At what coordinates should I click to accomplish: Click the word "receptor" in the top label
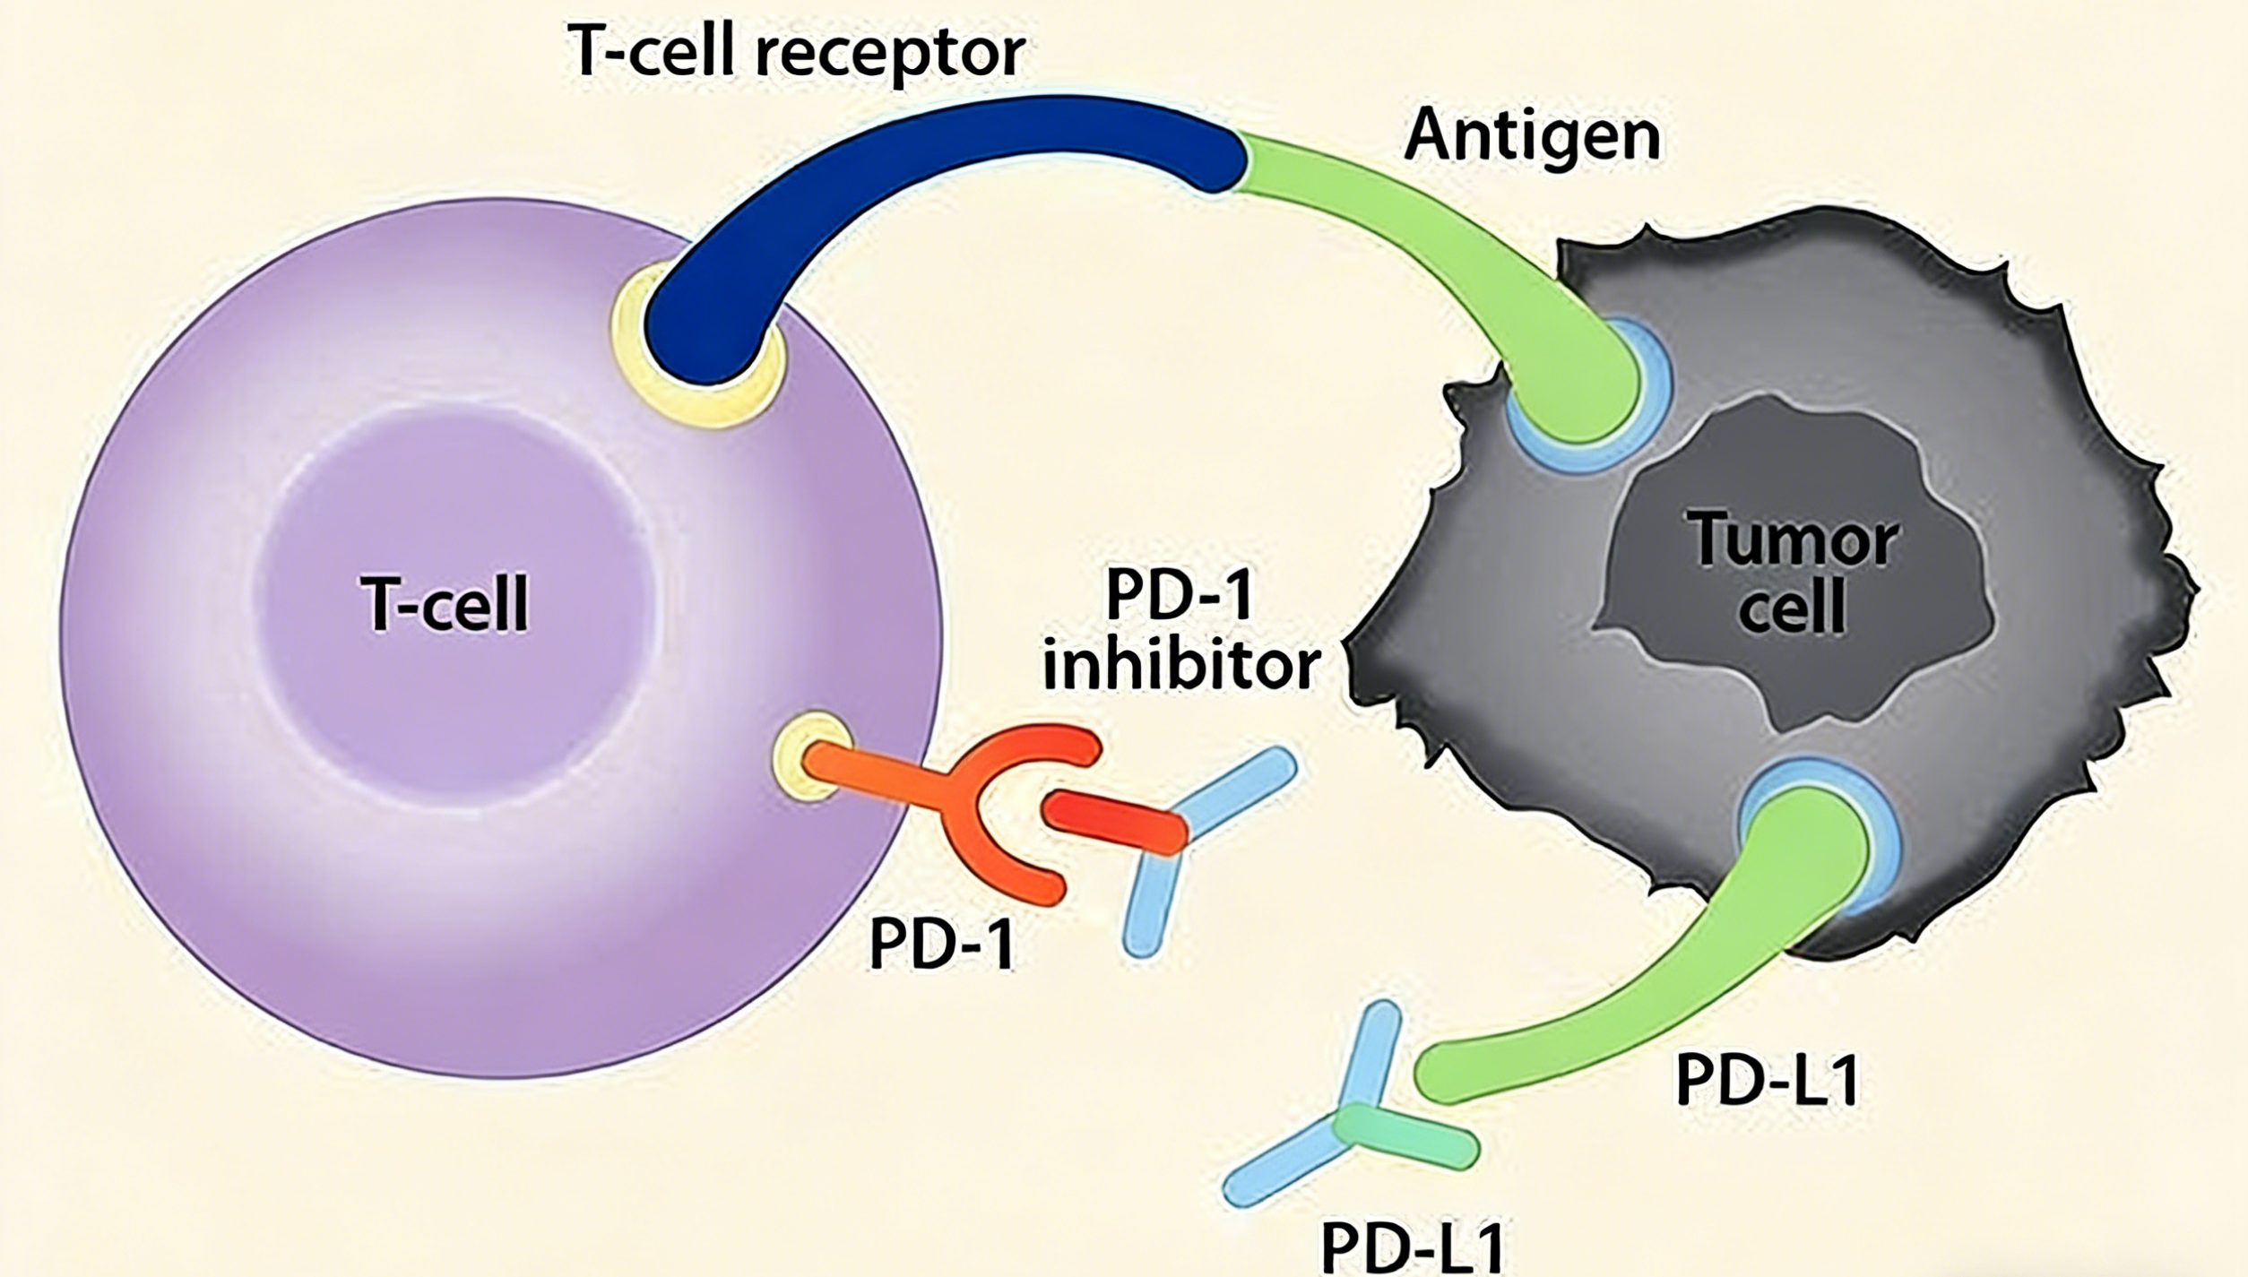[890, 55]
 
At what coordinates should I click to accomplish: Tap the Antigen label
[1532, 137]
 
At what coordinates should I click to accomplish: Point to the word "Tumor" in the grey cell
[1793, 539]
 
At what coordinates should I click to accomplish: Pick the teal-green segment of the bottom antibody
[1404, 1135]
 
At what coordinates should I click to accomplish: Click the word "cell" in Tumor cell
[1793, 607]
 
